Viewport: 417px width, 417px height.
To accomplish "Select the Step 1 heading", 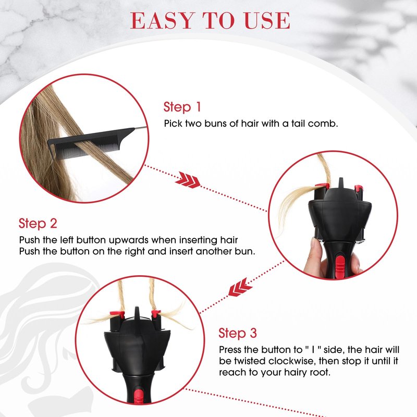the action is click(x=182, y=107).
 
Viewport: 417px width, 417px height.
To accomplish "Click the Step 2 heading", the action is click(x=38, y=224).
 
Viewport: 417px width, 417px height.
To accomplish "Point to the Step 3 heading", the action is click(x=238, y=333).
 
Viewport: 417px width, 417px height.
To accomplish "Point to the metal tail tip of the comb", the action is click(x=141, y=128).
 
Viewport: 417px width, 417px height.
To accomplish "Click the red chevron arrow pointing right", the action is click(x=188, y=180).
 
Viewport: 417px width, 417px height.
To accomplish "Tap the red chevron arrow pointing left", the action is click(x=240, y=288).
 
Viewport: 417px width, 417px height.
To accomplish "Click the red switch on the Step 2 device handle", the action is click(x=340, y=265).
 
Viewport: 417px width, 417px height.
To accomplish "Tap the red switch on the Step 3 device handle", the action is click(x=139, y=396).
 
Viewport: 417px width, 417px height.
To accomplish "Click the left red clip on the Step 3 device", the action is click(x=117, y=314).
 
